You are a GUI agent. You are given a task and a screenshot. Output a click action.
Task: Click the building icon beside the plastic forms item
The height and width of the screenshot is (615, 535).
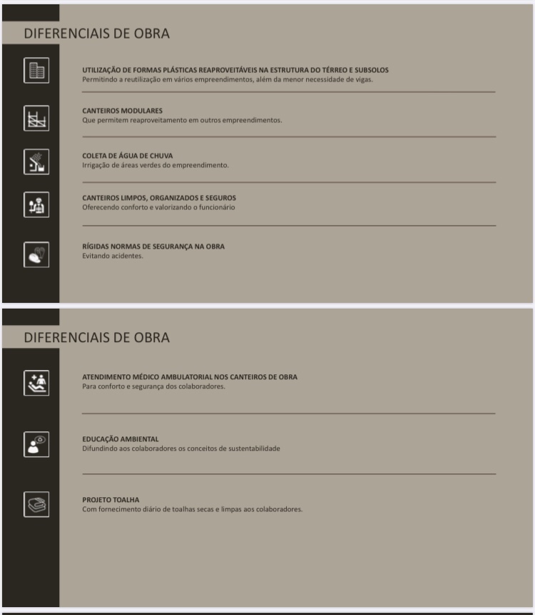pyautogui.click(x=36, y=71)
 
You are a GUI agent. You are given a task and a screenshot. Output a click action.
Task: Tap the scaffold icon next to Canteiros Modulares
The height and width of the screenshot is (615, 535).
pyautogui.click(x=36, y=116)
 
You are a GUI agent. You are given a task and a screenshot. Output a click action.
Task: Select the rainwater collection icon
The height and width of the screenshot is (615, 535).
pyautogui.click(x=36, y=161)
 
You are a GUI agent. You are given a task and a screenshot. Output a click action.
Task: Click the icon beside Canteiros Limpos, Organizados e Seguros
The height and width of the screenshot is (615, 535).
pyautogui.click(x=36, y=205)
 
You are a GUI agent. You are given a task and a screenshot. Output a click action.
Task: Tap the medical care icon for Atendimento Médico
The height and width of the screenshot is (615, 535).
pyautogui.click(x=36, y=383)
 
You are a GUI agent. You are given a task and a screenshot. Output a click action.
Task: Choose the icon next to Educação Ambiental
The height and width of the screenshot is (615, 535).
pyautogui.click(x=36, y=444)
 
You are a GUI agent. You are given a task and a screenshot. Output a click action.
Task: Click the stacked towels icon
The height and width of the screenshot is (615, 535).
pyautogui.click(x=36, y=504)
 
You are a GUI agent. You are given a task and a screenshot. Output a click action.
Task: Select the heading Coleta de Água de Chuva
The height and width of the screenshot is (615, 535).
pyautogui.click(x=127, y=156)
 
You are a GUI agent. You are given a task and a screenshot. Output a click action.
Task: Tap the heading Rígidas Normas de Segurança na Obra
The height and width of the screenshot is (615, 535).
pyautogui.click(x=153, y=246)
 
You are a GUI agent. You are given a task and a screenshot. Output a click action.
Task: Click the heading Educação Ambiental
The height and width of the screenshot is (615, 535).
pyautogui.click(x=121, y=439)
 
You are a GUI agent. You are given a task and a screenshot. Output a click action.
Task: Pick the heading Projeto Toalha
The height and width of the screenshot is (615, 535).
pyautogui.click(x=111, y=499)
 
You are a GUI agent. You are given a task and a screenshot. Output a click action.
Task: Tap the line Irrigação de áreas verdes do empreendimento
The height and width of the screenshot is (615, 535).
pyautogui.click(x=156, y=165)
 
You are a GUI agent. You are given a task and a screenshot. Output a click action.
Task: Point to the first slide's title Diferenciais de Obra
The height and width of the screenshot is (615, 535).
pyautogui.click(x=97, y=34)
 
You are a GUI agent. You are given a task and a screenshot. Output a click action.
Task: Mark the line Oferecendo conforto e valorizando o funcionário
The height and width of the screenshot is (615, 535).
pyautogui.click(x=158, y=207)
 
